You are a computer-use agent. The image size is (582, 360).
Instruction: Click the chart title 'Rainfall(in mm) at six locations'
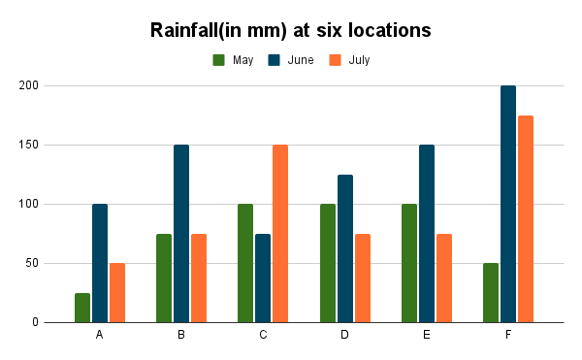(x=290, y=30)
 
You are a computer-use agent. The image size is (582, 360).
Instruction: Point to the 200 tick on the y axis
(x=55, y=86)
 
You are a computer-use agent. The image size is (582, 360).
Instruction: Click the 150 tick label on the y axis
(x=55, y=146)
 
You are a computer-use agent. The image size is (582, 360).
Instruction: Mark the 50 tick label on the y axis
(x=58, y=263)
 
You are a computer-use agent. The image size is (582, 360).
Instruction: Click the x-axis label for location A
(x=100, y=335)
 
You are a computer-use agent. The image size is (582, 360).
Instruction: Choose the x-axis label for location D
(x=345, y=335)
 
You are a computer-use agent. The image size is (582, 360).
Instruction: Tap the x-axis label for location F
(x=508, y=335)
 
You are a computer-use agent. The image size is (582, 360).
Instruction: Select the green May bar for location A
(x=82, y=308)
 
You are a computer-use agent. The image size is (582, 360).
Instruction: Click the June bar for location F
(x=508, y=204)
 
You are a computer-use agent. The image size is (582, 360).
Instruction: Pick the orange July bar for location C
(x=280, y=234)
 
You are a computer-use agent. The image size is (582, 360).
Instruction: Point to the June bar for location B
(x=181, y=234)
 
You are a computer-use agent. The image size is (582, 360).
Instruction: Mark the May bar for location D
(x=328, y=263)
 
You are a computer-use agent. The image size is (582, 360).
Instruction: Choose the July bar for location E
(x=444, y=278)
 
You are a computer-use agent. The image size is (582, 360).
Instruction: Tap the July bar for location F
(x=526, y=218)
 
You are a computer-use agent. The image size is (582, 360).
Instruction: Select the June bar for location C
(x=263, y=278)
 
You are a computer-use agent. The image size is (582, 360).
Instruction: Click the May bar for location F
(x=491, y=292)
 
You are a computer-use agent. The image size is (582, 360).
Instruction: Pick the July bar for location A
(x=117, y=292)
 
